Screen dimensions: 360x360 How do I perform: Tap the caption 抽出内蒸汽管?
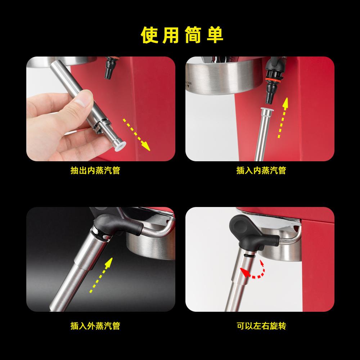click(x=95, y=170)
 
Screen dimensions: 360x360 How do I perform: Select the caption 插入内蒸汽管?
click(x=261, y=170)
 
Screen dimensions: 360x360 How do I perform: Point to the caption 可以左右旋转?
click(x=261, y=326)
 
